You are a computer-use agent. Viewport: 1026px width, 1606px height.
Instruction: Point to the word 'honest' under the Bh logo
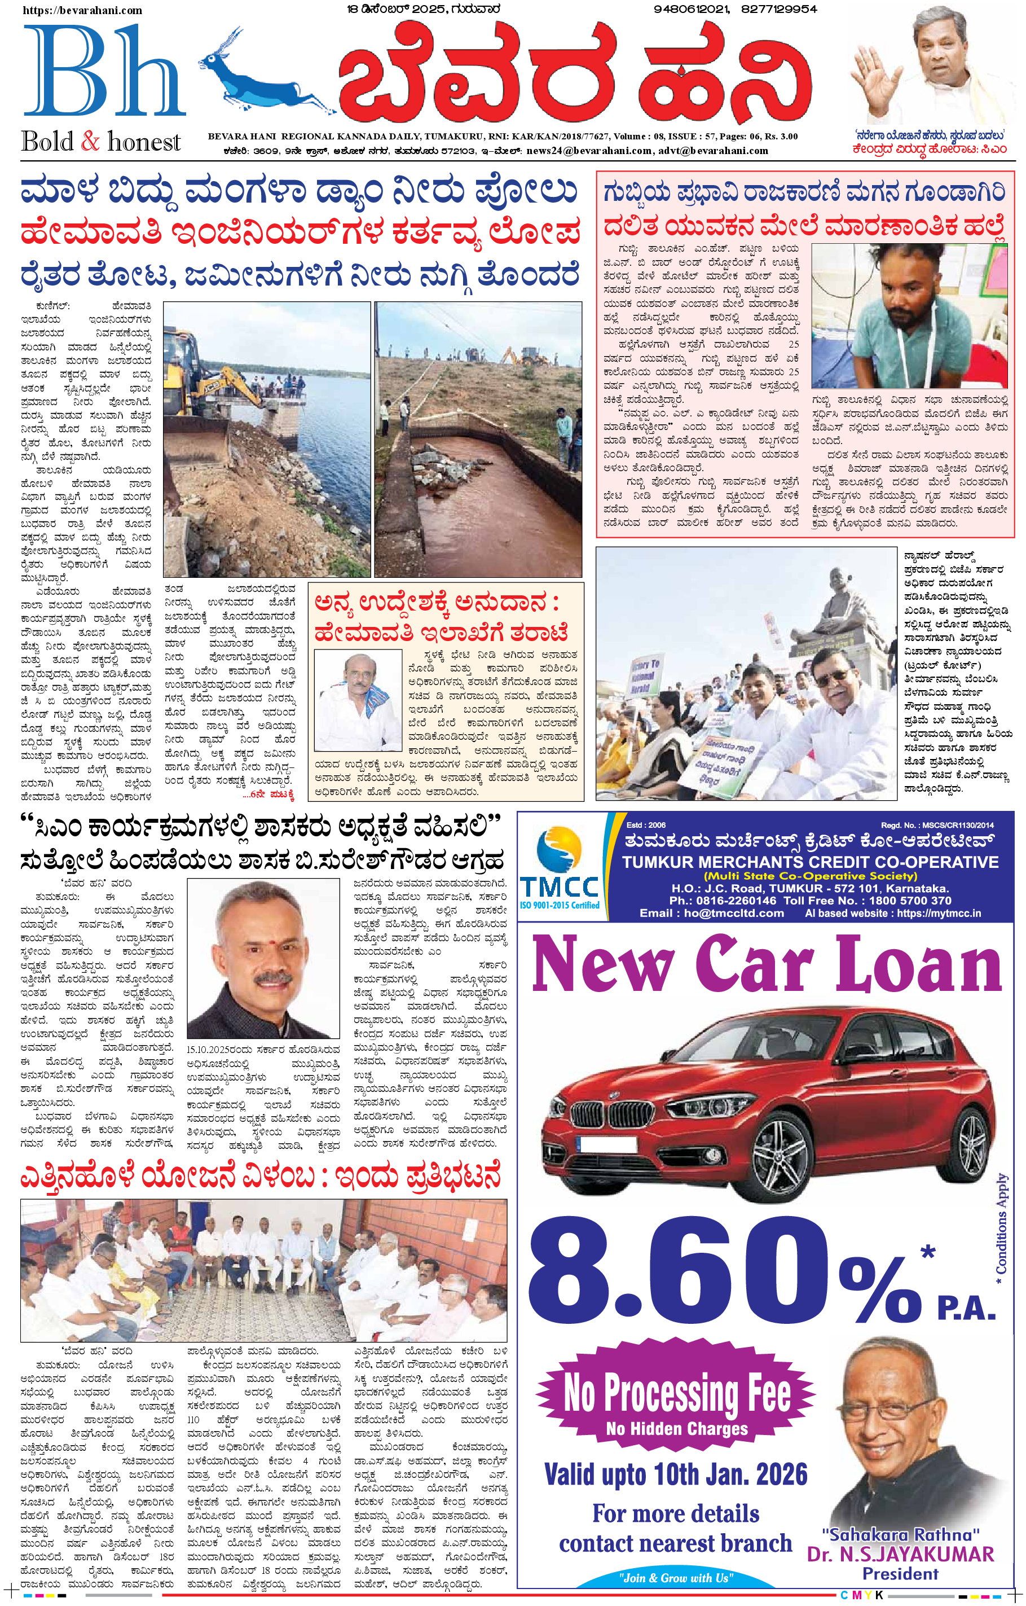[x=144, y=142]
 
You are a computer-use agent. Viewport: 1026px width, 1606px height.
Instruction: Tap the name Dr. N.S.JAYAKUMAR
[x=900, y=1555]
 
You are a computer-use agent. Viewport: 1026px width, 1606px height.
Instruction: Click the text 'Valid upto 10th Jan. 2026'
[x=675, y=1475]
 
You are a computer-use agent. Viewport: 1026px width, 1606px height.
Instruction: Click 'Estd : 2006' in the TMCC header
[x=645, y=825]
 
